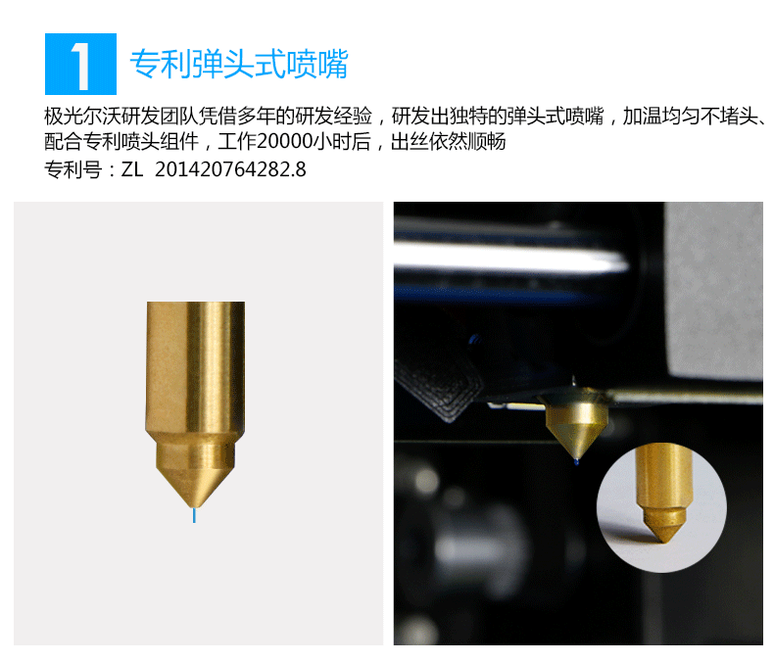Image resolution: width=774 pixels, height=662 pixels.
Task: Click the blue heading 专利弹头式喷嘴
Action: tap(239, 64)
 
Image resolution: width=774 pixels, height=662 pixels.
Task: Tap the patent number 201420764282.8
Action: tap(230, 169)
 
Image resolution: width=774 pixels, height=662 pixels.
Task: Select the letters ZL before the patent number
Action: tap(132, 169)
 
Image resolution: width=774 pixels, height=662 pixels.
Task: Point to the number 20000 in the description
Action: tap(285, 142)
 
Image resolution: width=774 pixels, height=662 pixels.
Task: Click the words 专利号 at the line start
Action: tap(73, 169)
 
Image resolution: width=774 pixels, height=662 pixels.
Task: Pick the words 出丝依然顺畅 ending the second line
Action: tap(448, 142)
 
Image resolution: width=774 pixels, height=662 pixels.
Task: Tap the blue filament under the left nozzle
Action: tap(194, 515)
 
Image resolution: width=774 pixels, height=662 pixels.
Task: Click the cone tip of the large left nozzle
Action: tap(194, 506)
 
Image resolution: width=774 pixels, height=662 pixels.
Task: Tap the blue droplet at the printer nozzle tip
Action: tap(576, 462)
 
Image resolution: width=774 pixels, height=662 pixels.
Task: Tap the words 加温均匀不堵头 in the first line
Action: tap(690, 117)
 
